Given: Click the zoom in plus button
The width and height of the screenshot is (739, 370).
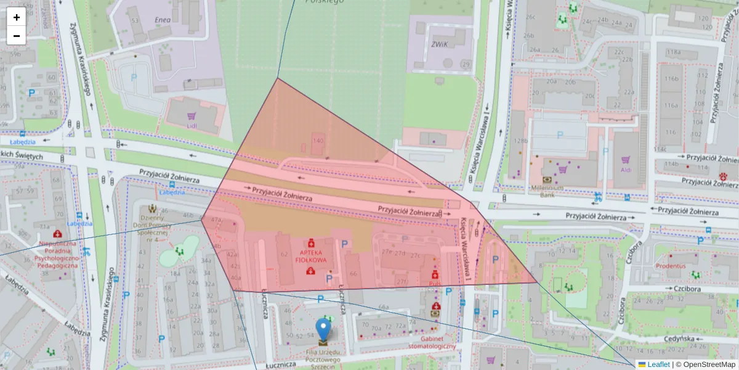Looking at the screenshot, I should coord(16,17).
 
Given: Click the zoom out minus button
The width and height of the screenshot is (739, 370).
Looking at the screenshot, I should coord(16,36).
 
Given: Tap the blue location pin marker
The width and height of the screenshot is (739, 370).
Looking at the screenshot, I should coord(323,330).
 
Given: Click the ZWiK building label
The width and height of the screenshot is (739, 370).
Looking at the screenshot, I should coord(439,44).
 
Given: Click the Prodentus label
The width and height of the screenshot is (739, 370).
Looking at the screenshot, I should coord(671,266).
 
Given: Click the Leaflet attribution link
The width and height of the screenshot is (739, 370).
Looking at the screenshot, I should coord(658,364).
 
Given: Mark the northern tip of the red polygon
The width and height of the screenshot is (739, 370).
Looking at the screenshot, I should coord(278,78).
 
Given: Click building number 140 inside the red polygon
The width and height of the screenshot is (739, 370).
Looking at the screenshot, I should coord(318,141).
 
